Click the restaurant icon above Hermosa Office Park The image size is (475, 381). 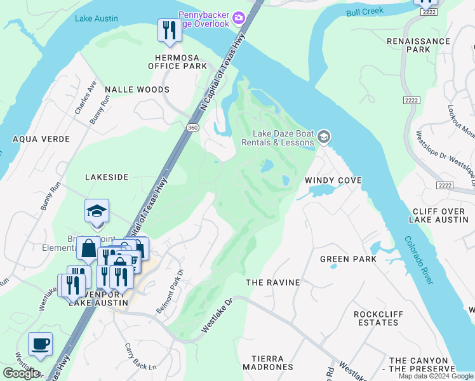[x=169, y=30]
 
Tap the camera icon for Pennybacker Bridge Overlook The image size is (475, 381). [x=239, y=17]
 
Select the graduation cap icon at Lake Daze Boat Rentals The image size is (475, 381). [x=324, y=137]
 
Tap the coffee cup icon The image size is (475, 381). [x=40, y=345]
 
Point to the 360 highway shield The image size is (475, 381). [x=191, y=128]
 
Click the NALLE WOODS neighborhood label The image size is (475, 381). [x=137, y=90]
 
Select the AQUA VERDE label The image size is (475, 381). [x=41, y=138]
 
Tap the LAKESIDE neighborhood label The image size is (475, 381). [x=107, y=177]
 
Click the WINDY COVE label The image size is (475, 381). [x=333, y=180]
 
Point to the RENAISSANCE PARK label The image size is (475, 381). [x=418, y=45]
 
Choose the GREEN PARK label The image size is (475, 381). [x=348, y=259]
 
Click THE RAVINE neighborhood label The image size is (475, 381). [x=272, y=281]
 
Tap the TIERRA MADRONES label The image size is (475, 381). [x=267, y=362]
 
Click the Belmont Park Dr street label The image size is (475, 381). [x=170, y=290]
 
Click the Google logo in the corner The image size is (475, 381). [x=21, y=373]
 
